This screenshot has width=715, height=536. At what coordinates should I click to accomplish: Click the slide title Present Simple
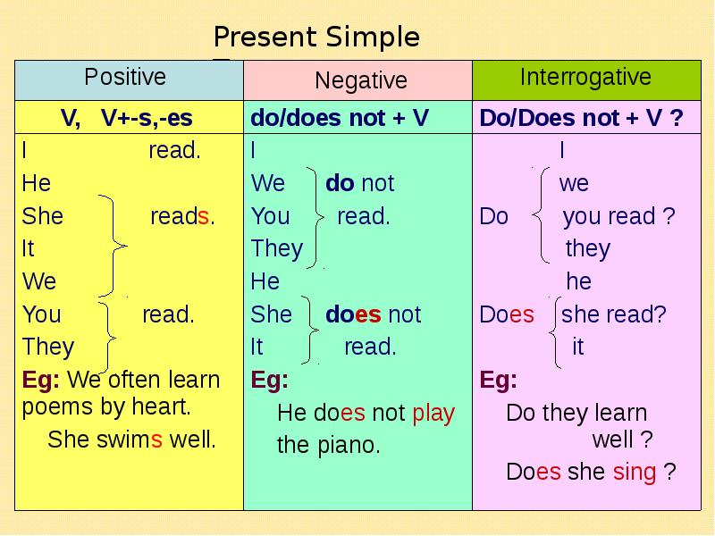[x=316, y=38]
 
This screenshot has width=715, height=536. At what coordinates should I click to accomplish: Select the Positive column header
[x=125, y=77]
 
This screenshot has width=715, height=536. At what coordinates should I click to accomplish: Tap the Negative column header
[x=360, y=81]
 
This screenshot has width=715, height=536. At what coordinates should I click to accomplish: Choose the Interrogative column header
[x=585, y=77]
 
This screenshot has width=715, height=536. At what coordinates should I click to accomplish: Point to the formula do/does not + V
[x=340, y=119]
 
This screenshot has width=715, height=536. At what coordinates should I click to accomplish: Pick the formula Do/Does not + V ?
[x=581, y=119]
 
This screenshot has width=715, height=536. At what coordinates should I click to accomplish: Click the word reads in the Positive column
[x=181, y=216]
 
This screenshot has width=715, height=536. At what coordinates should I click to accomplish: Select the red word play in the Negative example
[x=433, y=414]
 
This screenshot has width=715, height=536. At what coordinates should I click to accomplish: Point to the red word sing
[x=634, y=473]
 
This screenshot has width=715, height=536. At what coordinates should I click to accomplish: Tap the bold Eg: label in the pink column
[x=498, y=380]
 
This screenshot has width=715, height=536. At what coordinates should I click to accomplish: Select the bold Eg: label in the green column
[x=269, y=380]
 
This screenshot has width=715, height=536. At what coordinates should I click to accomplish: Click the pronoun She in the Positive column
[x=42, y=216]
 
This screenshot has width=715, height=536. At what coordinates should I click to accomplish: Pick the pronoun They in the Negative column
[x=276, y=248]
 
